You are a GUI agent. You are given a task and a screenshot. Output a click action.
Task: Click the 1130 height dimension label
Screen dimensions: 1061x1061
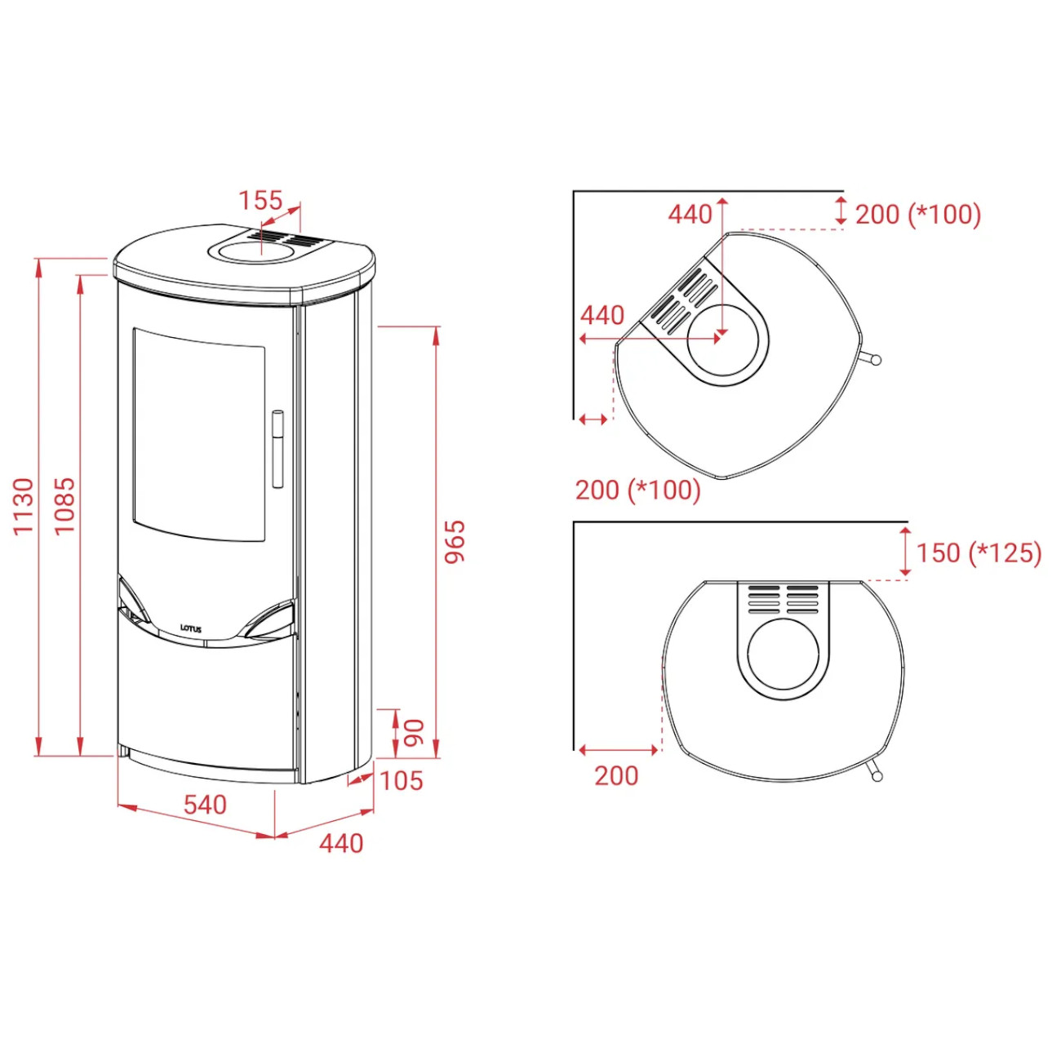24,507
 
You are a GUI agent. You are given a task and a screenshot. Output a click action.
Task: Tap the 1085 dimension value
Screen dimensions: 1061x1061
64,505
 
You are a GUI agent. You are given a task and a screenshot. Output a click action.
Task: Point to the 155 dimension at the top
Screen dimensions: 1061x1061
260,200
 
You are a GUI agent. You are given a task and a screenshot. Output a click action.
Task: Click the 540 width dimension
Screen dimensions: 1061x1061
205,805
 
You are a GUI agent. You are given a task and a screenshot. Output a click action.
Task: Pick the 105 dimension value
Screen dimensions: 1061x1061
402,780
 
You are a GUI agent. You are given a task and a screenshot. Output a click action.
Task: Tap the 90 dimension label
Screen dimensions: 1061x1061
415,732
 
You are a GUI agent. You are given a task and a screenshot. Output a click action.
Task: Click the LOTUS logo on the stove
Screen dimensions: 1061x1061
191,627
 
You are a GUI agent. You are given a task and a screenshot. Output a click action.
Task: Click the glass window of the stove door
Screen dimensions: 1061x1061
199,433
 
